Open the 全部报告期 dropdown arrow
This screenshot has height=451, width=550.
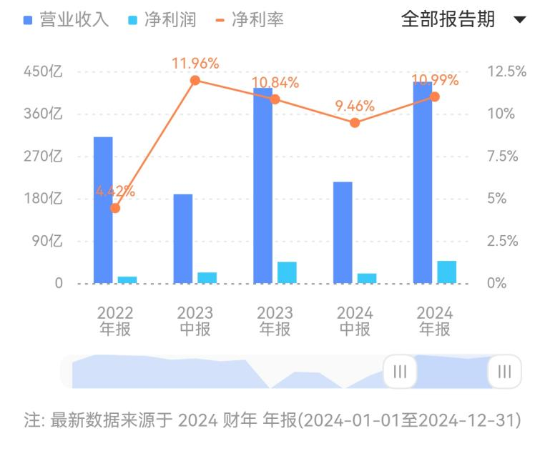pos(520,19)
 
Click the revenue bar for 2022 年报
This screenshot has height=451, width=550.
pos(103,210)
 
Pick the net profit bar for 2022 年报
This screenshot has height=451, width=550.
pos(127,280)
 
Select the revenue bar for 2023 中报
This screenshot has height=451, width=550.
pos(183,239)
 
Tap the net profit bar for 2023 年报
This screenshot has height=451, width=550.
pos(287,272)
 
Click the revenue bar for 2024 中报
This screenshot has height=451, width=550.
pos(343,233)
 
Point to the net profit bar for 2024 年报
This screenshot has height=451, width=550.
pos(447,272)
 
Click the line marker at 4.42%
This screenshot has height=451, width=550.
pos(115,208)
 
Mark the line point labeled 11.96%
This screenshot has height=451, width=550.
pos(195,80)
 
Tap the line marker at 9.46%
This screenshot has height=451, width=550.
pos(355,122)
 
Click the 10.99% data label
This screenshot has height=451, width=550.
pos(435,80)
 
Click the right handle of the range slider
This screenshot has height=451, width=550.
pos(504,371)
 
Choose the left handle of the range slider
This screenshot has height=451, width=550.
pos(400,371)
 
